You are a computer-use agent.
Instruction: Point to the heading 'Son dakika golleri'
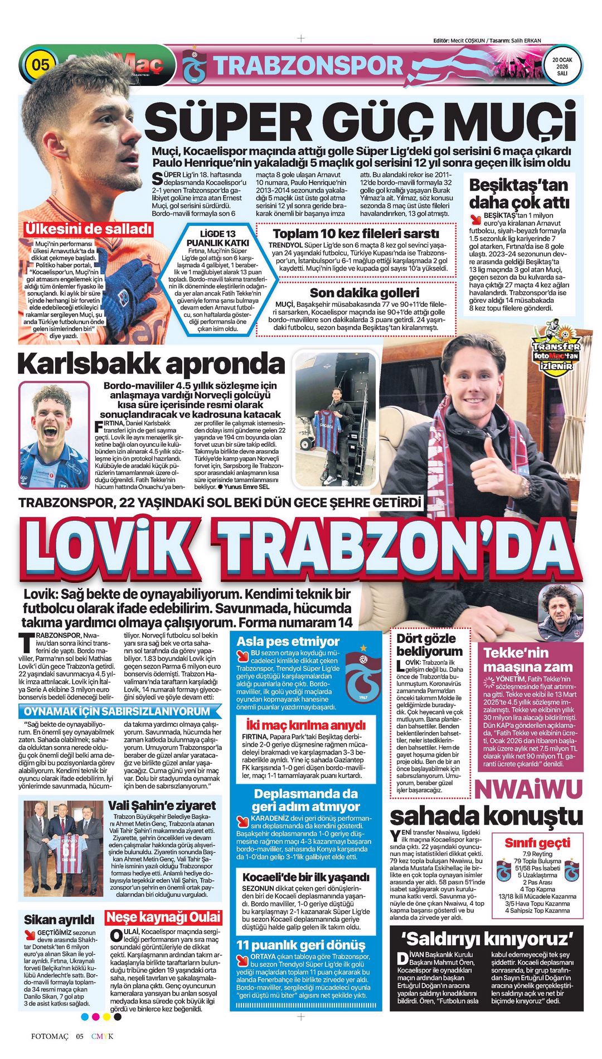pyautogui.click(x=364, y=293)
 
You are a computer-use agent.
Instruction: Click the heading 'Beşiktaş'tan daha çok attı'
pyautogui.click(x=518, y=193)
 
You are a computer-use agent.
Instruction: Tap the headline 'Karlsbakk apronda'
pyautogui.click(x=152, y=364)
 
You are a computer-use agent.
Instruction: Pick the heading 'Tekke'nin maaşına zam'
pyautogui.click(x=528, y=660)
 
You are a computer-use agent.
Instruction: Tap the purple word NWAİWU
pyautogui.click(x=528, y=789)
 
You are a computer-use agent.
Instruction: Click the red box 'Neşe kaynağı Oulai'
pyautogui.click(x=163, y=917)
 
